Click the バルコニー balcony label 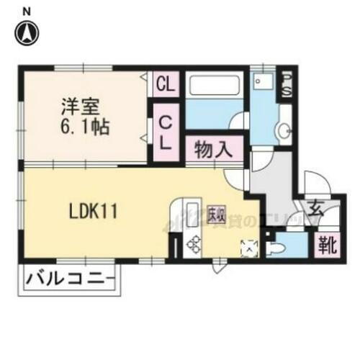point(70,277)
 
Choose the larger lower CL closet point(165,134)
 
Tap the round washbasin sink point(284,131)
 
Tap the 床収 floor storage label point(215,214)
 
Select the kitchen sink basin point(192,214)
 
